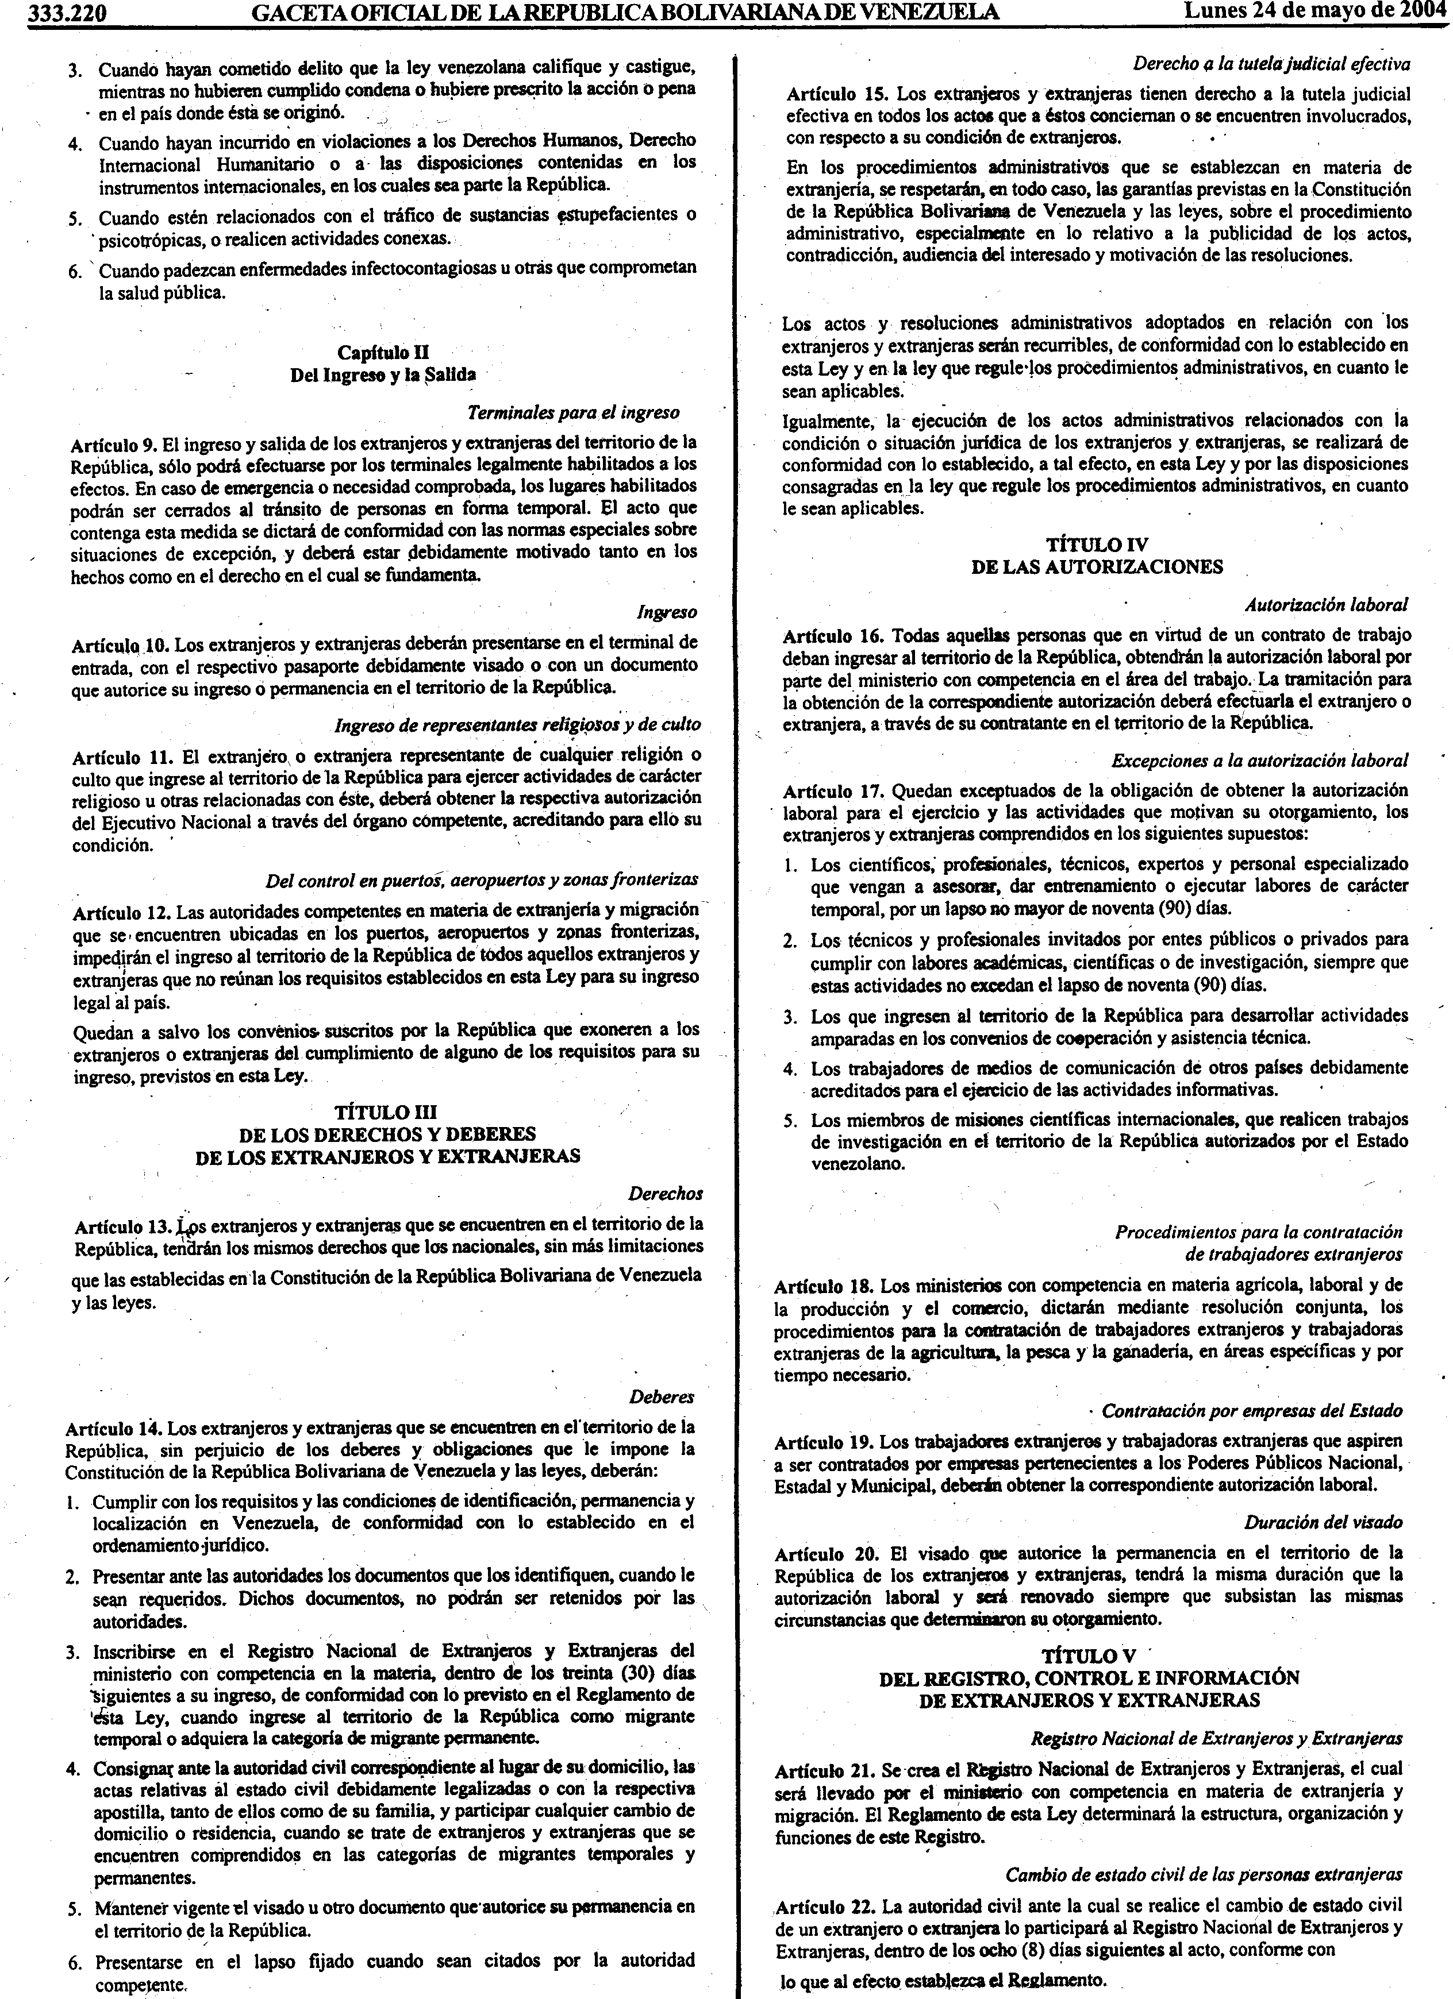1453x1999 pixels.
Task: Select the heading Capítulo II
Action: [383, 353]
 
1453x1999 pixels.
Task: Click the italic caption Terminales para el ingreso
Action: [573, 412]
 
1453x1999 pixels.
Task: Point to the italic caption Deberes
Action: [661, 1396]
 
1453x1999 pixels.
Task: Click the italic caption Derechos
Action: [665, 1194]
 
